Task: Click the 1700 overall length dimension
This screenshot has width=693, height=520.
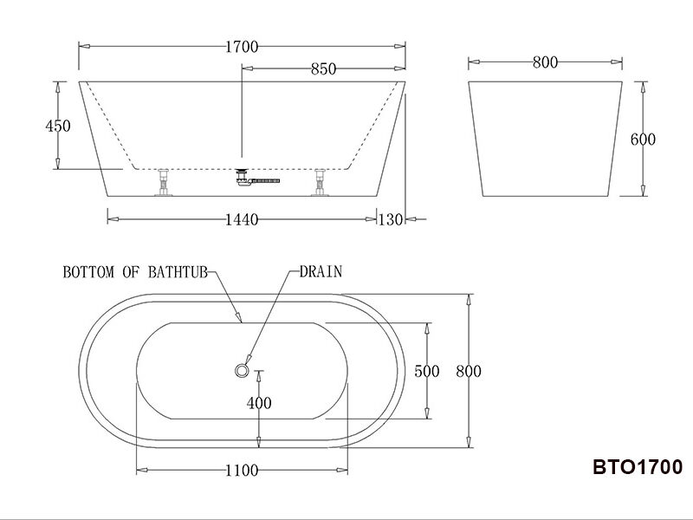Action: point(242,47)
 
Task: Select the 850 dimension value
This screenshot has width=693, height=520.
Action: point(323,69)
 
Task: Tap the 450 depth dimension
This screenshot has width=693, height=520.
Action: point(57,126)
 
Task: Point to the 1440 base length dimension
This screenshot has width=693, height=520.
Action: point(242,220)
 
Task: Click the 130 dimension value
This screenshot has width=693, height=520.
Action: point(391,220)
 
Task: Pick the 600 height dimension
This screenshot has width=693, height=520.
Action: point(643,140)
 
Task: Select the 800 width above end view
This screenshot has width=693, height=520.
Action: point(545,62)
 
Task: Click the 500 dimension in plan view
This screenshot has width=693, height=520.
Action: point(427,371)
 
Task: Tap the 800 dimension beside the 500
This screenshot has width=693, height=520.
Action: point(468,371)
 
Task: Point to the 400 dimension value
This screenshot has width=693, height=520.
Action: point(259,403)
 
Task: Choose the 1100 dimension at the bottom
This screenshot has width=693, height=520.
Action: point(242,471)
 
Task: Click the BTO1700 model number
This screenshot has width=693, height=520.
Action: point(638,468)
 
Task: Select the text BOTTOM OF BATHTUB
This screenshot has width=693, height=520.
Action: point(134,272)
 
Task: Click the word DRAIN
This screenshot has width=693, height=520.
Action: point(321,271)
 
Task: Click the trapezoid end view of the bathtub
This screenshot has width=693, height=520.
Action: point(545,139)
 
